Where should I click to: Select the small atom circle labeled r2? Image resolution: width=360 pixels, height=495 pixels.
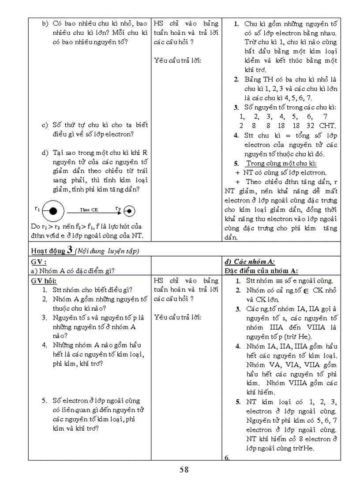129,211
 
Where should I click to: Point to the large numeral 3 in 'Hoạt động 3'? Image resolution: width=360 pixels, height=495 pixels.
70,250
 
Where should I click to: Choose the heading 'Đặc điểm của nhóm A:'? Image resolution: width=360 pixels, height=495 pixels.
261,271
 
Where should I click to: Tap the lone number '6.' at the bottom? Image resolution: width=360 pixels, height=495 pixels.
227,458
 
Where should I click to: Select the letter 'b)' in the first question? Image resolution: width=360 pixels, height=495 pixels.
45,23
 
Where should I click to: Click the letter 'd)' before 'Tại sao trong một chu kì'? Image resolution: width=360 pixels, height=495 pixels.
45,153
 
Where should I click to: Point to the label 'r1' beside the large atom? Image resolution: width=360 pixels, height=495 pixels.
37,208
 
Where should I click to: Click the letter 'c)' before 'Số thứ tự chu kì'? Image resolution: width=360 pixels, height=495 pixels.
45,125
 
